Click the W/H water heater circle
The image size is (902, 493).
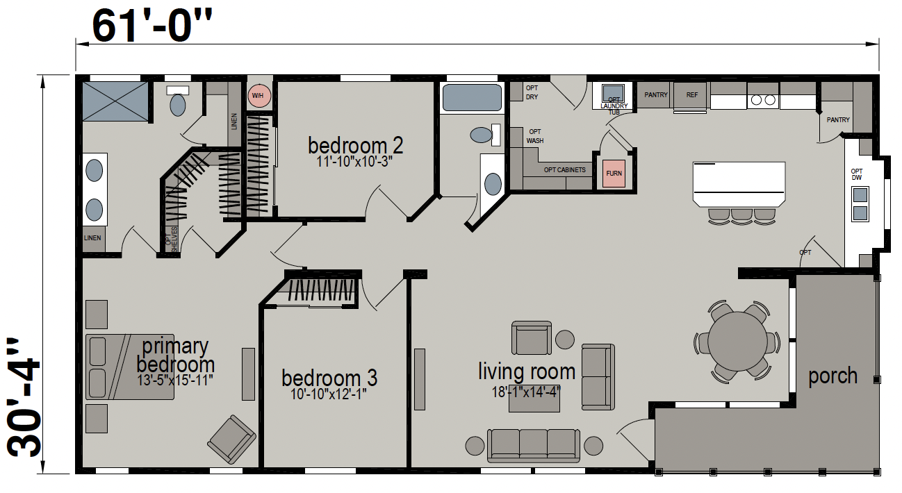coord(259,96)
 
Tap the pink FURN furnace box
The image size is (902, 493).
coord(614,174)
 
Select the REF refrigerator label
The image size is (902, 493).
coord(692,95)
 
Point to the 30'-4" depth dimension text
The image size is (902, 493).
coord(24,397)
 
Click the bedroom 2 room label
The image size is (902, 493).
coord(355,145)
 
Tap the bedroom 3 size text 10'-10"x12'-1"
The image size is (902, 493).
coord(329,394)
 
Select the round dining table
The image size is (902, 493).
coord(737,342)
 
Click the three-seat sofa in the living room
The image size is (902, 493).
coord(534,446)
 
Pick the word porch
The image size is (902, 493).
coord(833,376)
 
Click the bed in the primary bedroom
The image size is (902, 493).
coord(130,367)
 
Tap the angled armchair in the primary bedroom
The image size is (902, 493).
coord(231,439)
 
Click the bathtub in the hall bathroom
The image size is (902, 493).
coord(472,98)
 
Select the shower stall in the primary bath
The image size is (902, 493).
coord(115,101)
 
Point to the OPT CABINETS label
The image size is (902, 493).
coord(564,170)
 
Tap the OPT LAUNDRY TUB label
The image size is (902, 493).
coord(614,106)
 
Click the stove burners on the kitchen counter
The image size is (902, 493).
coord(763,100)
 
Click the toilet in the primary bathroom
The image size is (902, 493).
coord(178,101)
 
